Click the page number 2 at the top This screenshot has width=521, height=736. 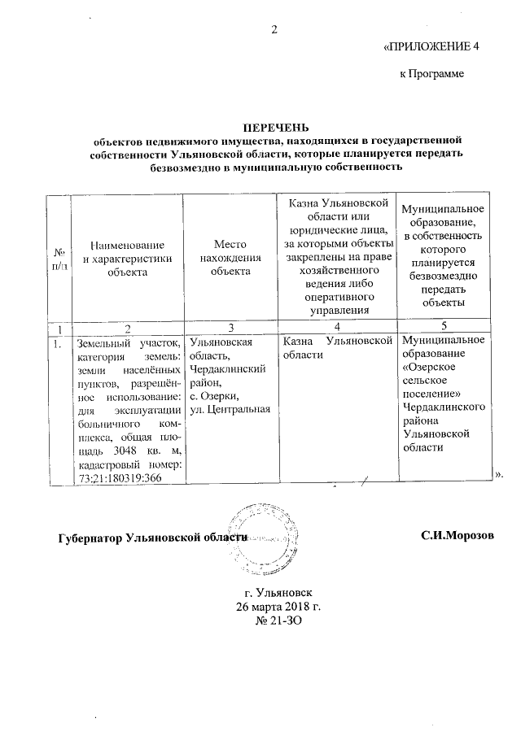coord(274,31)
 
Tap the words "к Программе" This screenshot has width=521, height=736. coord(431,74)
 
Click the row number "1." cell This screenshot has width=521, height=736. coord(56,342)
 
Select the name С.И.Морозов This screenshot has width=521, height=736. coord(458,538)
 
